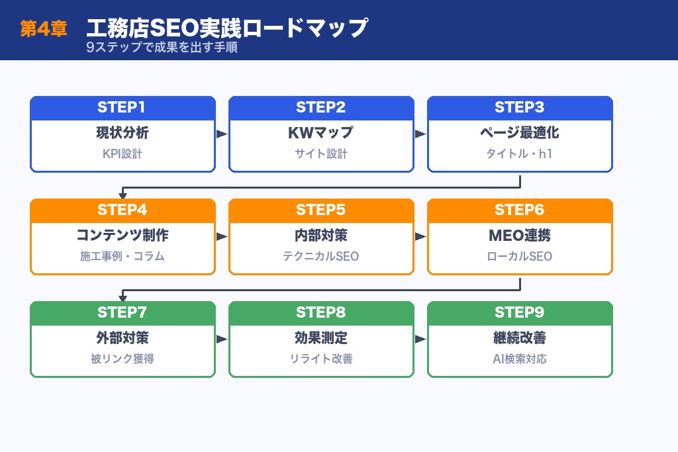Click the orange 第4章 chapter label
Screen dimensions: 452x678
pyautogui.click(x=44, y=29)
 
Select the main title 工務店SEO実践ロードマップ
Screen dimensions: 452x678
pyautogui.click(x=226, y=28)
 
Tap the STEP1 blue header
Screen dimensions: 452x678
pyautogui.click(x=122, y=108)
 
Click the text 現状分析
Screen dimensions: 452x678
pyautogui.click(x=122, y=133)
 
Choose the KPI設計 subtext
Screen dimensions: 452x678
pyautogui.click(x=122, y=154)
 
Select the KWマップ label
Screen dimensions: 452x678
pyautogui.click(x=321, y=133)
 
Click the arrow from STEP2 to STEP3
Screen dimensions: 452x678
pyautogui.click(x=420, y=134)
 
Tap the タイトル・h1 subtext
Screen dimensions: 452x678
pyautogui.click(x=520, y=154)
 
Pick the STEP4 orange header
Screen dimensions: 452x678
pyautogui.click(x=122, y=210)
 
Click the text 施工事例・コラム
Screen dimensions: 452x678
pyautogui.click(x=122, y=257)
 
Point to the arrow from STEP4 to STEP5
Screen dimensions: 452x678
pyautogui.click(x=222, y=236)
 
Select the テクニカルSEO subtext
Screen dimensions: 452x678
pyautogui.click(x=321, y=257)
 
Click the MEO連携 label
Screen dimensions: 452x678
pyautogui.click(x=520, y=236)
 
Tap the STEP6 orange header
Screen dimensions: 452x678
pyautogui.click(x=520, y=210)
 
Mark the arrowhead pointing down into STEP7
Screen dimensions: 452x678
pyautogui.click(x=122, y=297)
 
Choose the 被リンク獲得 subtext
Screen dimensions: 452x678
pyautogui.click(x=122, y=359)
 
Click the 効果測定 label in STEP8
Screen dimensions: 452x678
pyautogui.click(x=321, y=338)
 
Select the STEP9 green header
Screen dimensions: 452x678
pyautogui.click(x=520, y=313)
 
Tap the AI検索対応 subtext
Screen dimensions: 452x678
pyautogui.click(x=520, y=359)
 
